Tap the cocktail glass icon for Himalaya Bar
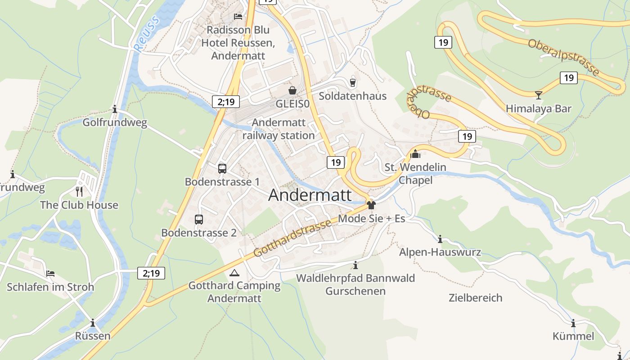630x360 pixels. click(538, 95)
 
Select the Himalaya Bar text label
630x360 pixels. click(538, 108)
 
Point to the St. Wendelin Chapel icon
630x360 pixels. click(415, 154)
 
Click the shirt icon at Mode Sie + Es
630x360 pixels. click(371, 206)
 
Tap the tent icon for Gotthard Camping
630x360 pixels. click(234, 273)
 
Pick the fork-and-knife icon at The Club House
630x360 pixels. click(79, 192)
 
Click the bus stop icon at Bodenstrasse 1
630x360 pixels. click(222, 169)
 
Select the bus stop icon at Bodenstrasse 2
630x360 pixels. click(199, 220)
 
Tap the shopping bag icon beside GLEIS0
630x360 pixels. click(292, 90)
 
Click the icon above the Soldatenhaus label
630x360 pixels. click(352, 82)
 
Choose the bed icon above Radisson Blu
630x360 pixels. click(238, 17)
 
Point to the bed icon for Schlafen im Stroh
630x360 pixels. click(50, 274)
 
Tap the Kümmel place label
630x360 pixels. click(573, 336)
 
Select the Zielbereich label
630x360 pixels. click(475, 298)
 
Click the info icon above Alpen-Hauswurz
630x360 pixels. click(440, 239)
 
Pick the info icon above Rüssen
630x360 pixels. click(93, 323)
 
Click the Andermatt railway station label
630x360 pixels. click(279, 129)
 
